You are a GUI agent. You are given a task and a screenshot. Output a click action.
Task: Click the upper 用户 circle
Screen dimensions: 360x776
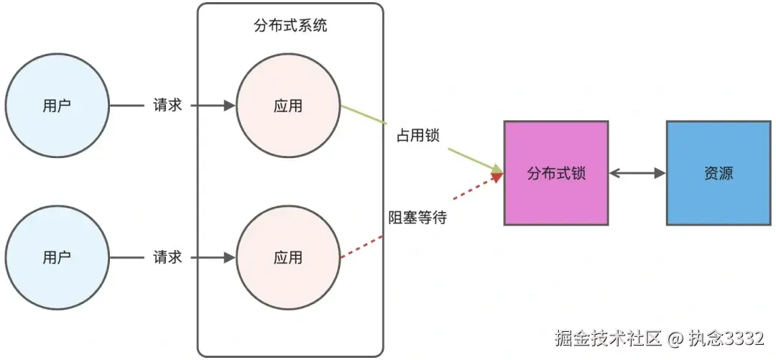click(x=57, y=106)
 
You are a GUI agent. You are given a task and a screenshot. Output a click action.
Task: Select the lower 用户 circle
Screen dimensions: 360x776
click(x=57, y=257)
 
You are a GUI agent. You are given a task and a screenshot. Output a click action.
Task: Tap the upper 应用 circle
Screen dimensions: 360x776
click(x=288, y=106)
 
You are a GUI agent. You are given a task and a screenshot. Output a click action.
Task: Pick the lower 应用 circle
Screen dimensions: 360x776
click(x=288, y=257)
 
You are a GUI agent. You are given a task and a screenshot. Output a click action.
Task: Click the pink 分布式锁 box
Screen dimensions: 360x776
click(x=556, y=173)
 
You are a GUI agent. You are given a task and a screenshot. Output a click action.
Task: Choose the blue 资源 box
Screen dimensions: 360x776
click(x=719, y=173)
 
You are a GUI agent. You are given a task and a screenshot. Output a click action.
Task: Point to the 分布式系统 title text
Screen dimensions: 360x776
click(x=291, y=26)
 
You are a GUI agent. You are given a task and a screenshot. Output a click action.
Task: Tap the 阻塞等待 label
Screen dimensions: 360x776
click(x=417, y=217)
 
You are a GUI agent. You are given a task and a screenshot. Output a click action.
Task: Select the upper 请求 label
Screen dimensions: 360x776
click(x=167, y=106)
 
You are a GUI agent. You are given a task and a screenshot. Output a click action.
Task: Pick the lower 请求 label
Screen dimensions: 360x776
click(x=167, y=257)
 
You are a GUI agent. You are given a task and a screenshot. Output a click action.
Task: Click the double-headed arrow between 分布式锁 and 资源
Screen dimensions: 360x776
click(x=637, y=173)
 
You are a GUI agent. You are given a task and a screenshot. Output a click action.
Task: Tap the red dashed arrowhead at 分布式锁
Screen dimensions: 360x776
click(x=496, y=177)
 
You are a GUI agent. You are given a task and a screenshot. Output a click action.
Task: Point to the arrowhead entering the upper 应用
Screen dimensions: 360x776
click(x=229, y=106)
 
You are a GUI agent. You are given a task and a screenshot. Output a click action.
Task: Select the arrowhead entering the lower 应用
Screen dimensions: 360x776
click(x=229, y=257)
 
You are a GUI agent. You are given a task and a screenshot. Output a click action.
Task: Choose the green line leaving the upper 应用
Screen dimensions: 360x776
click(x=363, y=114)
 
